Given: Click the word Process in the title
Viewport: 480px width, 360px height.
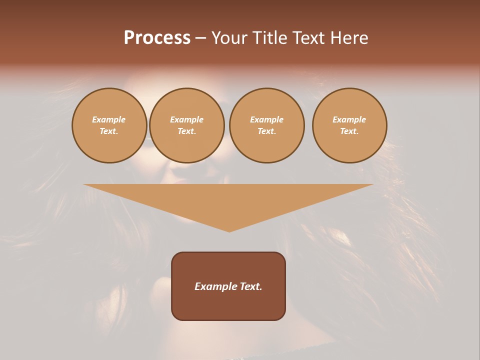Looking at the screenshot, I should tap(157, 38).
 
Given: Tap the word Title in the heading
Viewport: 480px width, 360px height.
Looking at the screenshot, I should tap(268, 38).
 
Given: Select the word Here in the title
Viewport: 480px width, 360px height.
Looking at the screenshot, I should tap(348, 38).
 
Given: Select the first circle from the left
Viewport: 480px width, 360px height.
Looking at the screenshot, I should tap(109, 125).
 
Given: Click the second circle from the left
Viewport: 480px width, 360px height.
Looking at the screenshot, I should tap(186, 125).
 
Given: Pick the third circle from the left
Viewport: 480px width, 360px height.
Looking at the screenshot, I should tap(266, 125).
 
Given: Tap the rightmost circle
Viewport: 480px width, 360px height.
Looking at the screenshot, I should tap(349, 125).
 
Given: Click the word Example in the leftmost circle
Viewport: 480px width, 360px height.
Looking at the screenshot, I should tap(109, 119).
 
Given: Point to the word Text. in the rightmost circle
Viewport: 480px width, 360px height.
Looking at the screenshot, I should tap(349, 131).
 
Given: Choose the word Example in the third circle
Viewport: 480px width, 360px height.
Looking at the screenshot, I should tap(266, 119).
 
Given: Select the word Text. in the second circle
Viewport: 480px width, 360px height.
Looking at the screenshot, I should tap(186, 131).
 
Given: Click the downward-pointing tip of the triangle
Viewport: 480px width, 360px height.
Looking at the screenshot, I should tap(229, 230).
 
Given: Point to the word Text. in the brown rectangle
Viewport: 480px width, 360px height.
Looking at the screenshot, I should tap(251, 286).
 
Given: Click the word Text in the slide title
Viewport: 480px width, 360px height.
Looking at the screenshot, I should tap(308, 38).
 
